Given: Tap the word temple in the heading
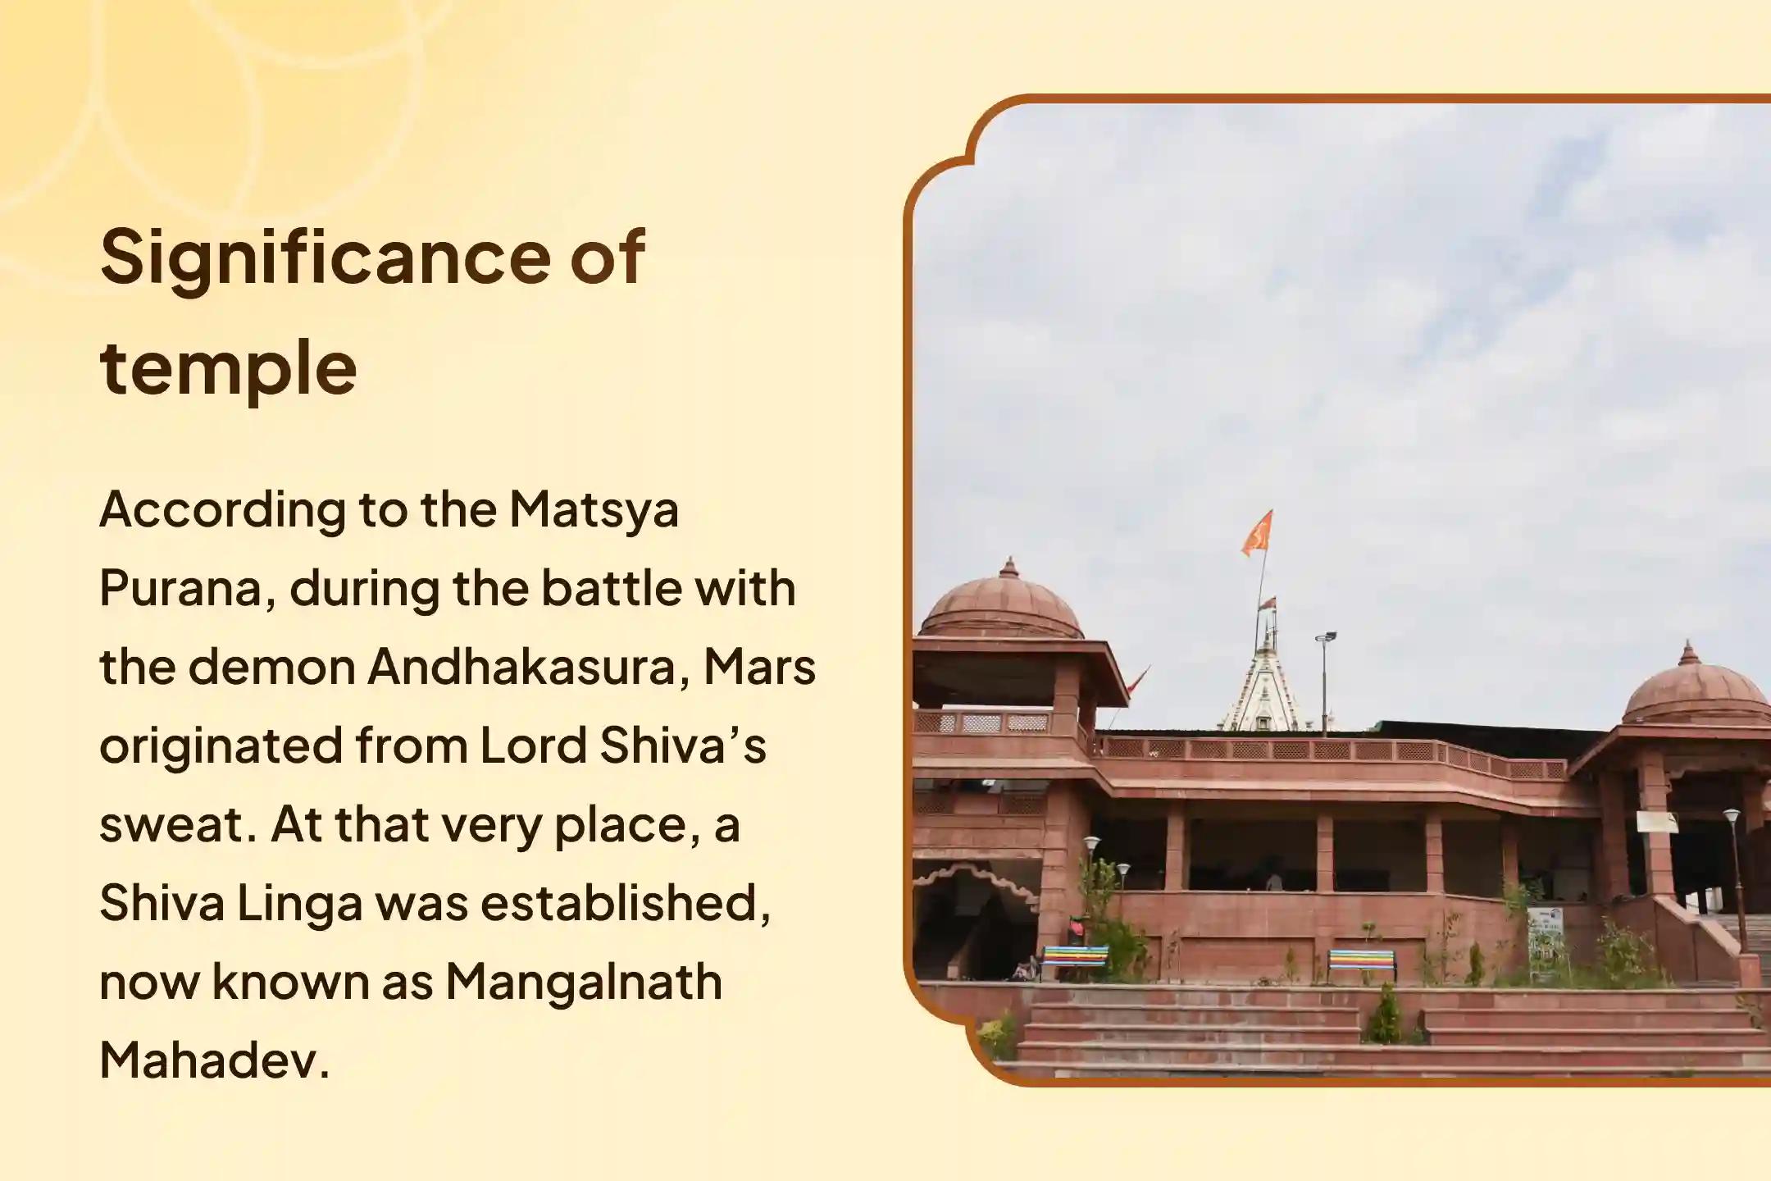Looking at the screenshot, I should (x=228, y=367).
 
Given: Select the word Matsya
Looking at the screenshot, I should (x=594, y=509).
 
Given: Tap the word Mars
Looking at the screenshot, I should (x=759, y=667).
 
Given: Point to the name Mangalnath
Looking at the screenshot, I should (x=583, y=982).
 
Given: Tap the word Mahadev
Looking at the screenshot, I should (x=213, y=1060).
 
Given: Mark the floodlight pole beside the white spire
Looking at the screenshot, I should (x=1324, y=681).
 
